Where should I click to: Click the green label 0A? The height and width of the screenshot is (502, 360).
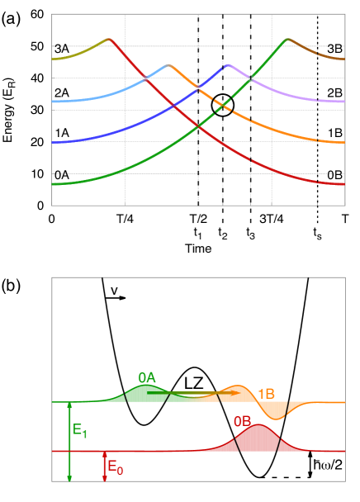click(147, 377)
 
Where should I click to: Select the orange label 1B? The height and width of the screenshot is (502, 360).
click(267, 394)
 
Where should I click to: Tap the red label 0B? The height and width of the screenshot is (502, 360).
click(242, 421)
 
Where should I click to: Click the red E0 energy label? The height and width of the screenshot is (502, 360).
click(116, 469)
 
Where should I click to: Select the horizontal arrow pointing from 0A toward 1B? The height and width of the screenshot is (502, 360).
click(194, 393)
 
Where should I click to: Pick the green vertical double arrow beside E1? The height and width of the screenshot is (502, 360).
click(69, 441)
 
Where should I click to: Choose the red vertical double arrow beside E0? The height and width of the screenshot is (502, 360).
click(104, 466)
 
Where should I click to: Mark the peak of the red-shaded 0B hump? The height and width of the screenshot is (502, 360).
click(258, 426)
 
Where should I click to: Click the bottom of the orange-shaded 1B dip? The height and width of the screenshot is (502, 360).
click(277, 419)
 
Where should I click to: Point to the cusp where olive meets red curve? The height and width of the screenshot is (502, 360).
click(109, 39)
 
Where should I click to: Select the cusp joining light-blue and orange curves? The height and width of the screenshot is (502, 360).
click(168, 64)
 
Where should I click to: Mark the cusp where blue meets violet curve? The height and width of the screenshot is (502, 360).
click(227, 64)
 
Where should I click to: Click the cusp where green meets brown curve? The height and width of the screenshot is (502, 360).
click(286, 39)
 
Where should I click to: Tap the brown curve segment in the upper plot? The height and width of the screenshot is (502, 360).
click(318, 52)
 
